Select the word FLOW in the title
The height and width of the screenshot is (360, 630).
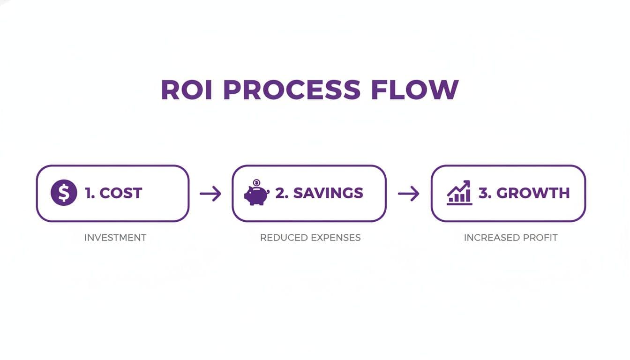(414, 90)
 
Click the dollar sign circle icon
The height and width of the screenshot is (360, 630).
(64, 193)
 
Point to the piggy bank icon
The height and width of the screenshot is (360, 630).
(256, 195)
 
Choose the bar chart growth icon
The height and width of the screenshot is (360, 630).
(459, 193)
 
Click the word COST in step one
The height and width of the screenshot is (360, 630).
(120, 193)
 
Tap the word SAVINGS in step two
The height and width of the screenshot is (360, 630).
(328, 193)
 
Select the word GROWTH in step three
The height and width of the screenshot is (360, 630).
(533, 193)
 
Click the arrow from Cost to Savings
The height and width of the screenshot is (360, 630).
(210, 193)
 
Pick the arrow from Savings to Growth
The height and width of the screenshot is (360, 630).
(409, 193)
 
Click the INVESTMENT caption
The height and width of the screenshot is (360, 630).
(115, 238)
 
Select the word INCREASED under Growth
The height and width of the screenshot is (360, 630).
(490, 238)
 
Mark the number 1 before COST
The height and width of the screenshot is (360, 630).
(89, 193)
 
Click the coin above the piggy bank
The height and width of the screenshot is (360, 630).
(256, 183)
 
